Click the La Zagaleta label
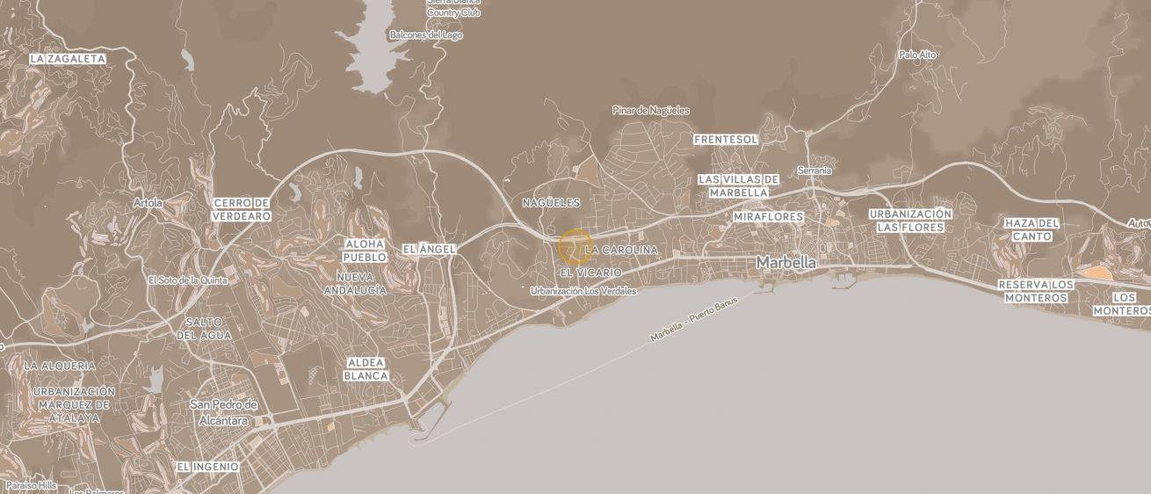click(x=68, y=59)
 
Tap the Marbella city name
click(x=785, y=262)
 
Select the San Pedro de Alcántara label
click(x=224, y=412)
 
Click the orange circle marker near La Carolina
click(x=575, y=247)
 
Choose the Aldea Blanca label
click(x=366, y=369)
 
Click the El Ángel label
click(x=430, y=250)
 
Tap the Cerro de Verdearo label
click(x=242, y=209)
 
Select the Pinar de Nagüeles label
click(x=650, y=111)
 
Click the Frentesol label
click(x=726, y=140)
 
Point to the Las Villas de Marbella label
click(x=739, y=185)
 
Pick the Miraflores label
click(x=769, y=216)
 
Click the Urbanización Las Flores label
click(x=910, y=221)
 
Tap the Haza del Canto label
click(x=1032, y=229)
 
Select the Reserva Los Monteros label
click(x=1036, y=291)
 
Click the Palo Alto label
click(x=917, y=54)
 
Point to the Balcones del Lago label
click(x=425, y=35)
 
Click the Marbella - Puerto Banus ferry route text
click(x=694, y=320)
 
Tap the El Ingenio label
click(x=207, y=467)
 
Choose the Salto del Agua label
click(x=205, y=329)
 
